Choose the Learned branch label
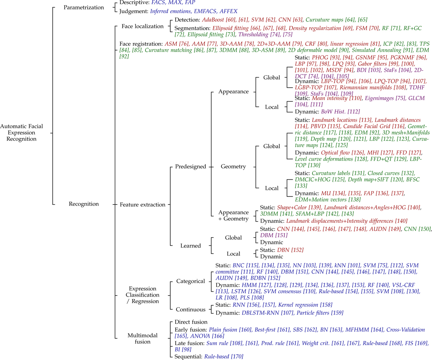click(190, 246)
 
